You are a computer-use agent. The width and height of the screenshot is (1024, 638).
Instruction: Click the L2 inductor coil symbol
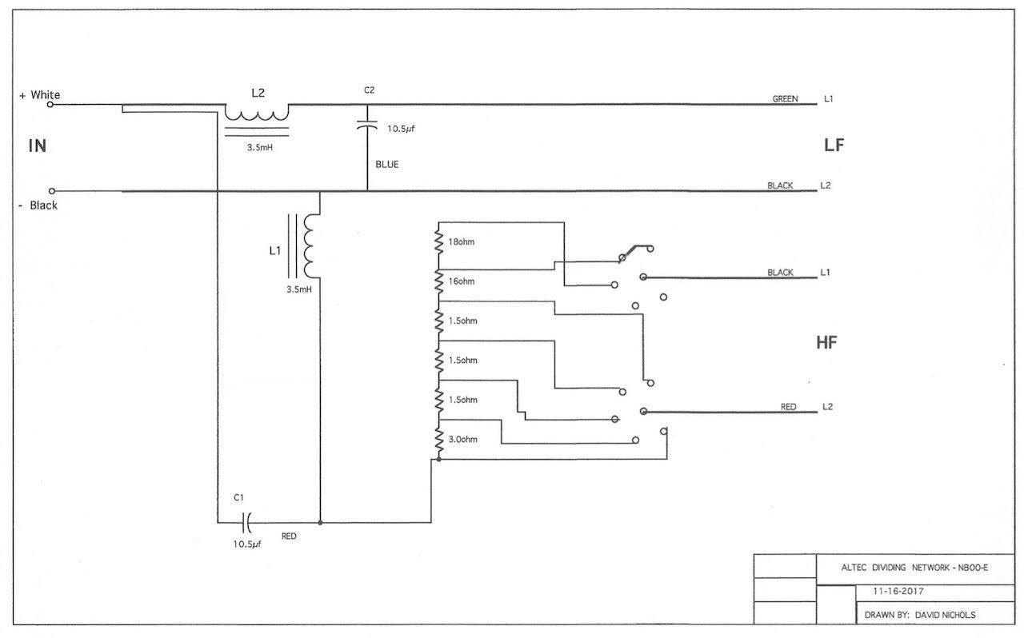(257, 120)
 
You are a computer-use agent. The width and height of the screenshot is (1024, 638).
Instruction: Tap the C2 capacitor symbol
(367, 126)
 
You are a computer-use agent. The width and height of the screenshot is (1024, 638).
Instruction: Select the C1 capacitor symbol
(246, 522)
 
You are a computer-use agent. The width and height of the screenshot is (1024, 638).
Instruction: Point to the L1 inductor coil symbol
(306, 246)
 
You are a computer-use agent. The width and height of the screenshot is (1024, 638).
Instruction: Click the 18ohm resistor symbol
(439, 242)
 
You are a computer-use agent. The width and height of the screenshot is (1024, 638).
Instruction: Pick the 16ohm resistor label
(462, 281)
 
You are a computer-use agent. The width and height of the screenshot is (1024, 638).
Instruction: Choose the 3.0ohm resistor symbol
(439, 440)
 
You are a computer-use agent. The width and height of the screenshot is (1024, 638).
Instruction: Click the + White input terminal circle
(50, 104)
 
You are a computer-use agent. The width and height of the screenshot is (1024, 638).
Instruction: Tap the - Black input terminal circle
(52, 191)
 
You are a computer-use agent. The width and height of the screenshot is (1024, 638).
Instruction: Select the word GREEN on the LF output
(785, 98)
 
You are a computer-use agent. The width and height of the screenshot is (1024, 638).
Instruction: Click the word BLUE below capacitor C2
(386, 165)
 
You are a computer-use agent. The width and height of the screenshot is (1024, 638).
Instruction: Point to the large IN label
(38, 146)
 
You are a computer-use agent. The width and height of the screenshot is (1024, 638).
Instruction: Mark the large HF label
(826, 342)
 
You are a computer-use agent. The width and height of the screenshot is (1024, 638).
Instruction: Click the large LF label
(834, 146)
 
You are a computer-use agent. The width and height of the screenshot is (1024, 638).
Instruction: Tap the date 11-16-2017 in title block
(898, 591)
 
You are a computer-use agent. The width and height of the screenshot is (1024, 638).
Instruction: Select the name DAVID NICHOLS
(945, 615)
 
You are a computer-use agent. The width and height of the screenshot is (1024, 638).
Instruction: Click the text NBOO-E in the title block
(973, 568)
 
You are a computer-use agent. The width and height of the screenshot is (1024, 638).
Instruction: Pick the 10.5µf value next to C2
(401, 129)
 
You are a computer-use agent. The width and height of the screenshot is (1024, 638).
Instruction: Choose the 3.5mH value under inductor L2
(260, 148)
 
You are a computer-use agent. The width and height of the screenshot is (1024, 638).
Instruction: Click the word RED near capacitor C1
(289, 536)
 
